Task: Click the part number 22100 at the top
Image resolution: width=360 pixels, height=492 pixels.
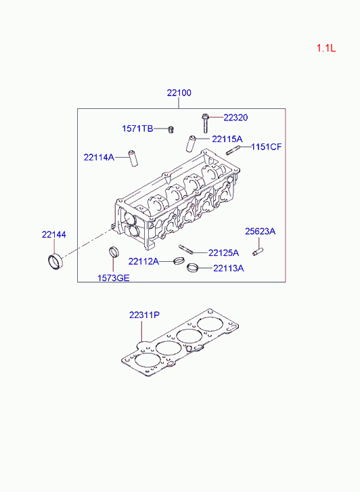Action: tap(179, 93)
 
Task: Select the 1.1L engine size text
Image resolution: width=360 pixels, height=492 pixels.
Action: tap(326, 48)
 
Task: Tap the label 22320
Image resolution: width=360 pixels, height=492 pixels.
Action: tap(235, 118)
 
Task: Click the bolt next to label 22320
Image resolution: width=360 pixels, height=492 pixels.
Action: tap(206, 123)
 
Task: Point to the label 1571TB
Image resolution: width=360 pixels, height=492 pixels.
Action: tap(137, 129)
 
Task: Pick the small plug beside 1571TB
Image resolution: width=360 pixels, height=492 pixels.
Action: tap(171, 129)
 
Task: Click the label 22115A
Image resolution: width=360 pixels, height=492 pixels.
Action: tap(227, 139)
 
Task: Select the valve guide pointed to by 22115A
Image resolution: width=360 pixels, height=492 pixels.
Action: tap(191, 143)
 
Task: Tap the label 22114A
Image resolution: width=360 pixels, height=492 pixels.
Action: tap(99, 157)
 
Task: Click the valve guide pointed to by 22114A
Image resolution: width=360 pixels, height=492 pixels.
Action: tap(133, 158)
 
